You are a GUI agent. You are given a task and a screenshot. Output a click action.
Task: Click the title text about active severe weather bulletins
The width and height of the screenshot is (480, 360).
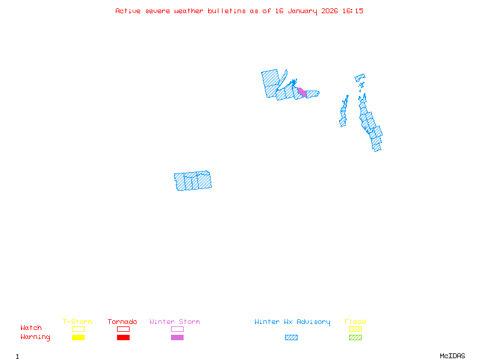click(239, 11)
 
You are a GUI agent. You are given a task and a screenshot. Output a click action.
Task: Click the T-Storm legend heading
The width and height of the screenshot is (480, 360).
click(77, 322)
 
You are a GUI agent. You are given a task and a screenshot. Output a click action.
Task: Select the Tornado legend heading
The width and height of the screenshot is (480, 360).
click(122, 322)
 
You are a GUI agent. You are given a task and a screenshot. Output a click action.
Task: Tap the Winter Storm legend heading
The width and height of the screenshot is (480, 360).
click(175, 322)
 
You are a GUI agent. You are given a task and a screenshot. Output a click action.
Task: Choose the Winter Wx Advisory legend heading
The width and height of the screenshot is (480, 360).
click(292, 322)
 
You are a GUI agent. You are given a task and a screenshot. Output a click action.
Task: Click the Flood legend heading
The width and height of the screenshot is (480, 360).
click(355, 322)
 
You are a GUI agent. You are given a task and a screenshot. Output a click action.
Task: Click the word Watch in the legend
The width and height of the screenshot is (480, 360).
click(31, 328)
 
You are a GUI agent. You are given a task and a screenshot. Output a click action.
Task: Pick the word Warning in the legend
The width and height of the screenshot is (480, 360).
click(35, 337)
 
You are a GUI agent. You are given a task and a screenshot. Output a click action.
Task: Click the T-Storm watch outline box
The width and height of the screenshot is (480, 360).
click(78, 329)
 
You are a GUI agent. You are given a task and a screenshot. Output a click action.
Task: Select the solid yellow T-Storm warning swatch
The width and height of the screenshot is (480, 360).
click(78, 337)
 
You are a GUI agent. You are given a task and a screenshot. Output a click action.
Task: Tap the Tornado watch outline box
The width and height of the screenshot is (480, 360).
click(123, 329)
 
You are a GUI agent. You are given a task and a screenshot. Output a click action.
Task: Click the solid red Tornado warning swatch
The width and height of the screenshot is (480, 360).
click(123, 337)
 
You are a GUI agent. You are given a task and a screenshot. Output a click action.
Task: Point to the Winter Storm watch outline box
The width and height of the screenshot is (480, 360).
click(177, 329)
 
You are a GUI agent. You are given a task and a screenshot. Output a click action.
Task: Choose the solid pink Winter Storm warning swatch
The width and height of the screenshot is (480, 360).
click(177, 337)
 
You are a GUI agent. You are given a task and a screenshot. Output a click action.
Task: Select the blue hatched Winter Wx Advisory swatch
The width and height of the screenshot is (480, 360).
click(291, 337)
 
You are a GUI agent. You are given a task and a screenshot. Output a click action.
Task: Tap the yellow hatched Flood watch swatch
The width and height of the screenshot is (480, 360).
click(355, 329)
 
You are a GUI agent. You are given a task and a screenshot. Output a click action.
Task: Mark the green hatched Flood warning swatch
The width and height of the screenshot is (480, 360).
click(355, 337)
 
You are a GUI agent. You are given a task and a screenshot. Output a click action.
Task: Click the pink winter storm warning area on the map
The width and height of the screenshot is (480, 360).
click(302, 92)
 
